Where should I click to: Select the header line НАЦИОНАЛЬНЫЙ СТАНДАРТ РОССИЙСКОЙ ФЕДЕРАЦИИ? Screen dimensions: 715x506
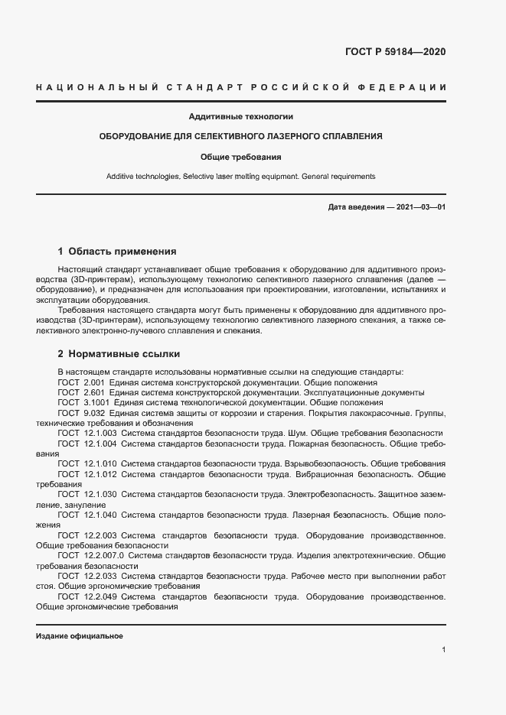click(x=241, y=89)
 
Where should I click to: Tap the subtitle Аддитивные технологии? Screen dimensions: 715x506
click(x=241, y=117)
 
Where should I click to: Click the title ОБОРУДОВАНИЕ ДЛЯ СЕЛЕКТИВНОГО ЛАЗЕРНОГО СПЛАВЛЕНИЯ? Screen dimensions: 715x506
click(x=241, y=136)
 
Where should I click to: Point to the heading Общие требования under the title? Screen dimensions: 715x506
click(x=241, y=157)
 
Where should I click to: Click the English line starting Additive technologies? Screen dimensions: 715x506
click(x=241, y=176)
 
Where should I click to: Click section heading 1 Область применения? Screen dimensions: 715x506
click(x=117, y=251)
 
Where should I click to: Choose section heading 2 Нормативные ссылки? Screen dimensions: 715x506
click(x=119, y=354)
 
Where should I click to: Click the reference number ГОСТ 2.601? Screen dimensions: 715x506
click(x=81, y=392)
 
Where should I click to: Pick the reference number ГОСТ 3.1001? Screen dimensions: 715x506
click(x=83, y=402)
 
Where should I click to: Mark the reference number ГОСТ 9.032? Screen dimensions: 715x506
click(x=81, y=413)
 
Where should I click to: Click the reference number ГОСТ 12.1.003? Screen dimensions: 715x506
click(x=87, y=433)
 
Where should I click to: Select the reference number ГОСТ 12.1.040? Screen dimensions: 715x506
click(x=87, y=515)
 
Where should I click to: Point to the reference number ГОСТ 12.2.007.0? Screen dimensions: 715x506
click(x=91, y=555)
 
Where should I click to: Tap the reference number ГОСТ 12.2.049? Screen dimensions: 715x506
click(x=87, y=596)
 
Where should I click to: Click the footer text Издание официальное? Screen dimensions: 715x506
click(x=80, y=636)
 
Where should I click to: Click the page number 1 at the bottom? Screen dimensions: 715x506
click(x=444, y=650)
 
